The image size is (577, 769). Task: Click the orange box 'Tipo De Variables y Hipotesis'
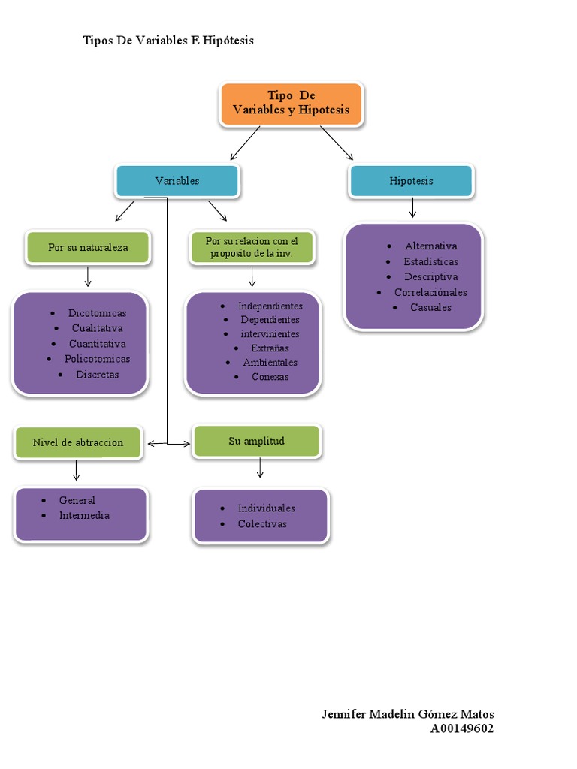point(292,104)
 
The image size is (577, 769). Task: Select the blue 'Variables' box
point(177,181)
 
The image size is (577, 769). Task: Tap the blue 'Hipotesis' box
point(411,181)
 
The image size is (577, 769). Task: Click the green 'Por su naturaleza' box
point(88,247)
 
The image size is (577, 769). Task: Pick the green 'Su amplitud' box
point(256,441)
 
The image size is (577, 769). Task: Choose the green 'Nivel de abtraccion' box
point(77,442)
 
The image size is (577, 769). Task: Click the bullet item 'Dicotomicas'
point(97,313)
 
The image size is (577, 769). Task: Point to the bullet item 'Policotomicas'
point(97,359)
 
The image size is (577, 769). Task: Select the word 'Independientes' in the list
point(270,306)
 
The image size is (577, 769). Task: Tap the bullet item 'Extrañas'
point(270,348)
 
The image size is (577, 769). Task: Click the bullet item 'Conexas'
point(270,377)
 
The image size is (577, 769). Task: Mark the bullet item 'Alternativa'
point(430,246)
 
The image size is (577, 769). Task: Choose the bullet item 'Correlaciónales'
point(430,292)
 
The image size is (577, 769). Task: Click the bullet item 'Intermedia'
point(84,515)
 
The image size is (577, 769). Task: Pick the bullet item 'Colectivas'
point(262,524)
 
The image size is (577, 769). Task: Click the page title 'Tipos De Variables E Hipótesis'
point(168,41)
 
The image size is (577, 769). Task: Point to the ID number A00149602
point(462,728)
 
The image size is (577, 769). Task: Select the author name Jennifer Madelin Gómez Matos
point(408,714)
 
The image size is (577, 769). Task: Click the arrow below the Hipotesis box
point(412,208)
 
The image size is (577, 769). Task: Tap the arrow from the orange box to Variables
point(245,143)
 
